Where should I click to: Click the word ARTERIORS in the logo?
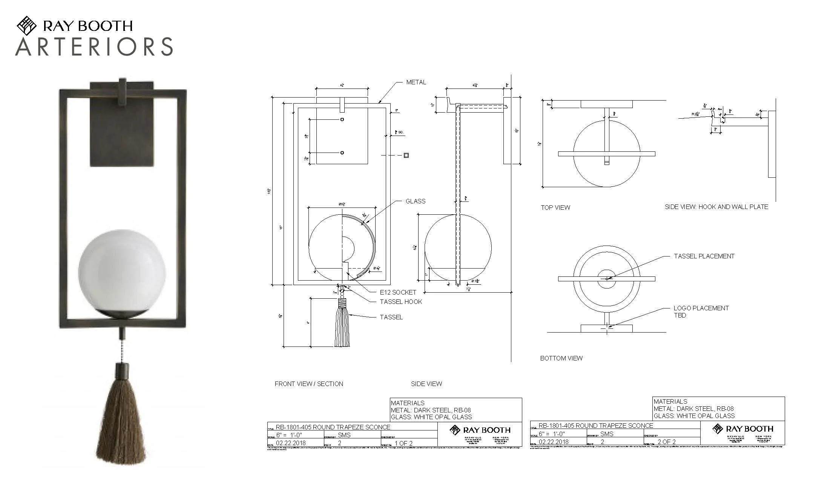94,47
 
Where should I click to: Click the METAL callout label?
416,82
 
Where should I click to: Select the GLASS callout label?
415,201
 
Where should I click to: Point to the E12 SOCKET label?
398,292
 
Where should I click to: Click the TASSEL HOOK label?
400,302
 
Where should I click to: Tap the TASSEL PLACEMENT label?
704,256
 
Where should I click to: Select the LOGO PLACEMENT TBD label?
701,311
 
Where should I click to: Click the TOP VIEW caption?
555,208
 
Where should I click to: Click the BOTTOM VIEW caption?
561,358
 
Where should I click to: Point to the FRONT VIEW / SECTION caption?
308,384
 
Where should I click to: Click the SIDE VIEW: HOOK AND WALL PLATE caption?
716,207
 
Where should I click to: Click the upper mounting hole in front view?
342,119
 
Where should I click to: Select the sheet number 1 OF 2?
403,443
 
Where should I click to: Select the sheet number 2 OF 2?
666,442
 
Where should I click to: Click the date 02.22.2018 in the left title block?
290,443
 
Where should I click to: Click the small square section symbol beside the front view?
406,155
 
